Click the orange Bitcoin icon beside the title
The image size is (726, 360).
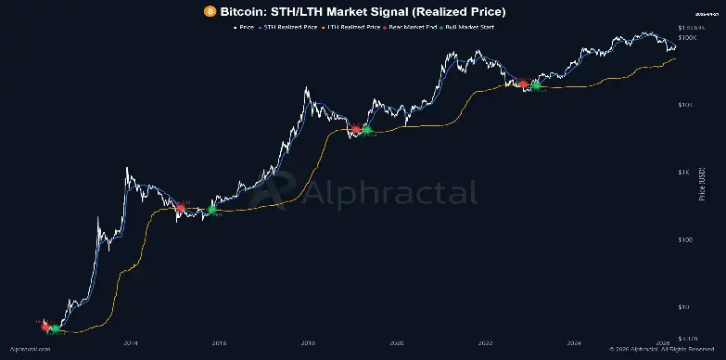tap(210, 11)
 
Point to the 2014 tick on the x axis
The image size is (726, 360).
tap(130, 341)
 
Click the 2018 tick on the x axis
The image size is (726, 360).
tap(307, 341)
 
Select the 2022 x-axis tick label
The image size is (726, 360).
tap(485, 341)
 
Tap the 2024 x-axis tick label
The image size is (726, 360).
tap(574, 341)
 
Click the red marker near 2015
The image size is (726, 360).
tap(180, 209)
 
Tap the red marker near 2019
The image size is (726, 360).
tap(355, 129)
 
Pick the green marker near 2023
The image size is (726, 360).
tap(536, 85)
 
